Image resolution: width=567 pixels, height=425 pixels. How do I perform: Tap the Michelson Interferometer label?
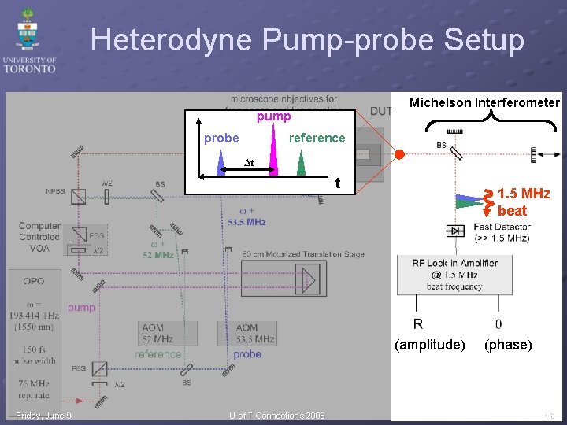pyautogui.click(x=484, y=102)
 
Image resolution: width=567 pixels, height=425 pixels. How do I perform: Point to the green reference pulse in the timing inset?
pyautogui.click(x=301, y=163)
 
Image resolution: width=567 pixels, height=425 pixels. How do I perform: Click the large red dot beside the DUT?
pyautogui.click(x=399, y=153)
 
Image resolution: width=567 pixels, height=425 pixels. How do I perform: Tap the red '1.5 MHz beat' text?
pyautogui.click(x=523, y=202)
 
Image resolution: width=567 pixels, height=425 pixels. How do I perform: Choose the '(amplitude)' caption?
pyautogui.click(x=429, y=345)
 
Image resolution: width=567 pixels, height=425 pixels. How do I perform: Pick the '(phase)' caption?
pyautogui.click(x=508, y=345)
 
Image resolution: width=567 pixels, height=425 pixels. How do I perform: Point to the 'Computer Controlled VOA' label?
pyautogui.click(x=39, y=237)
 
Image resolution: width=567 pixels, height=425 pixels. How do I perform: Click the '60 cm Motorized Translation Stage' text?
pyautogui.click(x=303, y=254)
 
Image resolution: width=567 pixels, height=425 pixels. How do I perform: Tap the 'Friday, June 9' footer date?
pyautogui.click(x=43, y=416)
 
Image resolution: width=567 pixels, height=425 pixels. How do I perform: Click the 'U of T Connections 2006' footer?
pyautogui.click(x=276, y=416)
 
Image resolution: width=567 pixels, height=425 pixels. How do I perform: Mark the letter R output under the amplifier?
pyautogui.click(x=417, y=323)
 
